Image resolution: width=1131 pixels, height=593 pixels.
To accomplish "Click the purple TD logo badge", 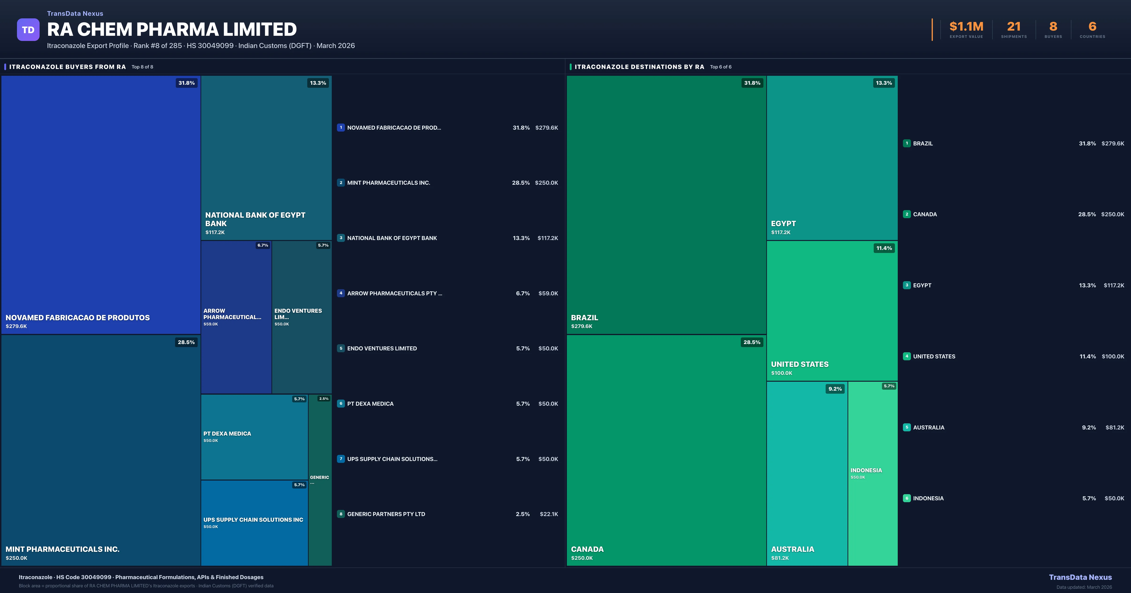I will coord(28,30).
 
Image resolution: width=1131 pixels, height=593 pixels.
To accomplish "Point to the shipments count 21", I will coord(1013,27).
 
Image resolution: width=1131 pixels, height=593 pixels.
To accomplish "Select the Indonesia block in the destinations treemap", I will coord(872,474).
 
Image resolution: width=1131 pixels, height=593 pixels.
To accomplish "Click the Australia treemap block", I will coord(807,474).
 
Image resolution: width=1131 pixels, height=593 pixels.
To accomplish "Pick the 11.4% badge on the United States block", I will coord(884,248).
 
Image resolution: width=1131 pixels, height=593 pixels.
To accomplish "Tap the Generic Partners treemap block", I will coord(320,480).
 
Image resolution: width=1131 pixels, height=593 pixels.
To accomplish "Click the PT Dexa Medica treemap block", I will coord(254,437).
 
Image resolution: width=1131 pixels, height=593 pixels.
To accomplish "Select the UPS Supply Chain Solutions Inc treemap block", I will coord(254,523).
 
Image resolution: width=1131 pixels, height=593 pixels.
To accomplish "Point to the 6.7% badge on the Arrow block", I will coord(262,246).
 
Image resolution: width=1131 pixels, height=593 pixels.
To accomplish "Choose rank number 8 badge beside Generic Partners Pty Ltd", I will coord(341,514).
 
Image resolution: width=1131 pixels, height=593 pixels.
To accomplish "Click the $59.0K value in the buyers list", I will coord(548,293).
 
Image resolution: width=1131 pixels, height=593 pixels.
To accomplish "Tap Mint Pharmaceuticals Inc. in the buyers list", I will coord(388,183).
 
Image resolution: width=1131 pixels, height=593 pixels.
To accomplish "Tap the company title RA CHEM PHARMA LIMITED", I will coord(172,29).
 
